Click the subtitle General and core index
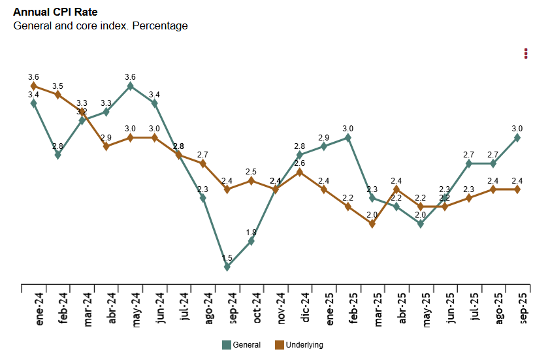[101, 26]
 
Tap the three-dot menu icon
[526, 54]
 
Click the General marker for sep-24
[227, 267]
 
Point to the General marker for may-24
[131, 86]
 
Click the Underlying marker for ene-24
[34, 86]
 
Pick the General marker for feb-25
[348, 137]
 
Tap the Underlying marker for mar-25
[372, 223]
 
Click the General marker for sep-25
[517, 137]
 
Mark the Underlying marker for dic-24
[300, 172]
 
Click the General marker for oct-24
[251, 241]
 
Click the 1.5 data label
[227, 258]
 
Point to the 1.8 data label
[251, 233]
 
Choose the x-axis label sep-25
[523, 308]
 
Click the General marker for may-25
[421, 223]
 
